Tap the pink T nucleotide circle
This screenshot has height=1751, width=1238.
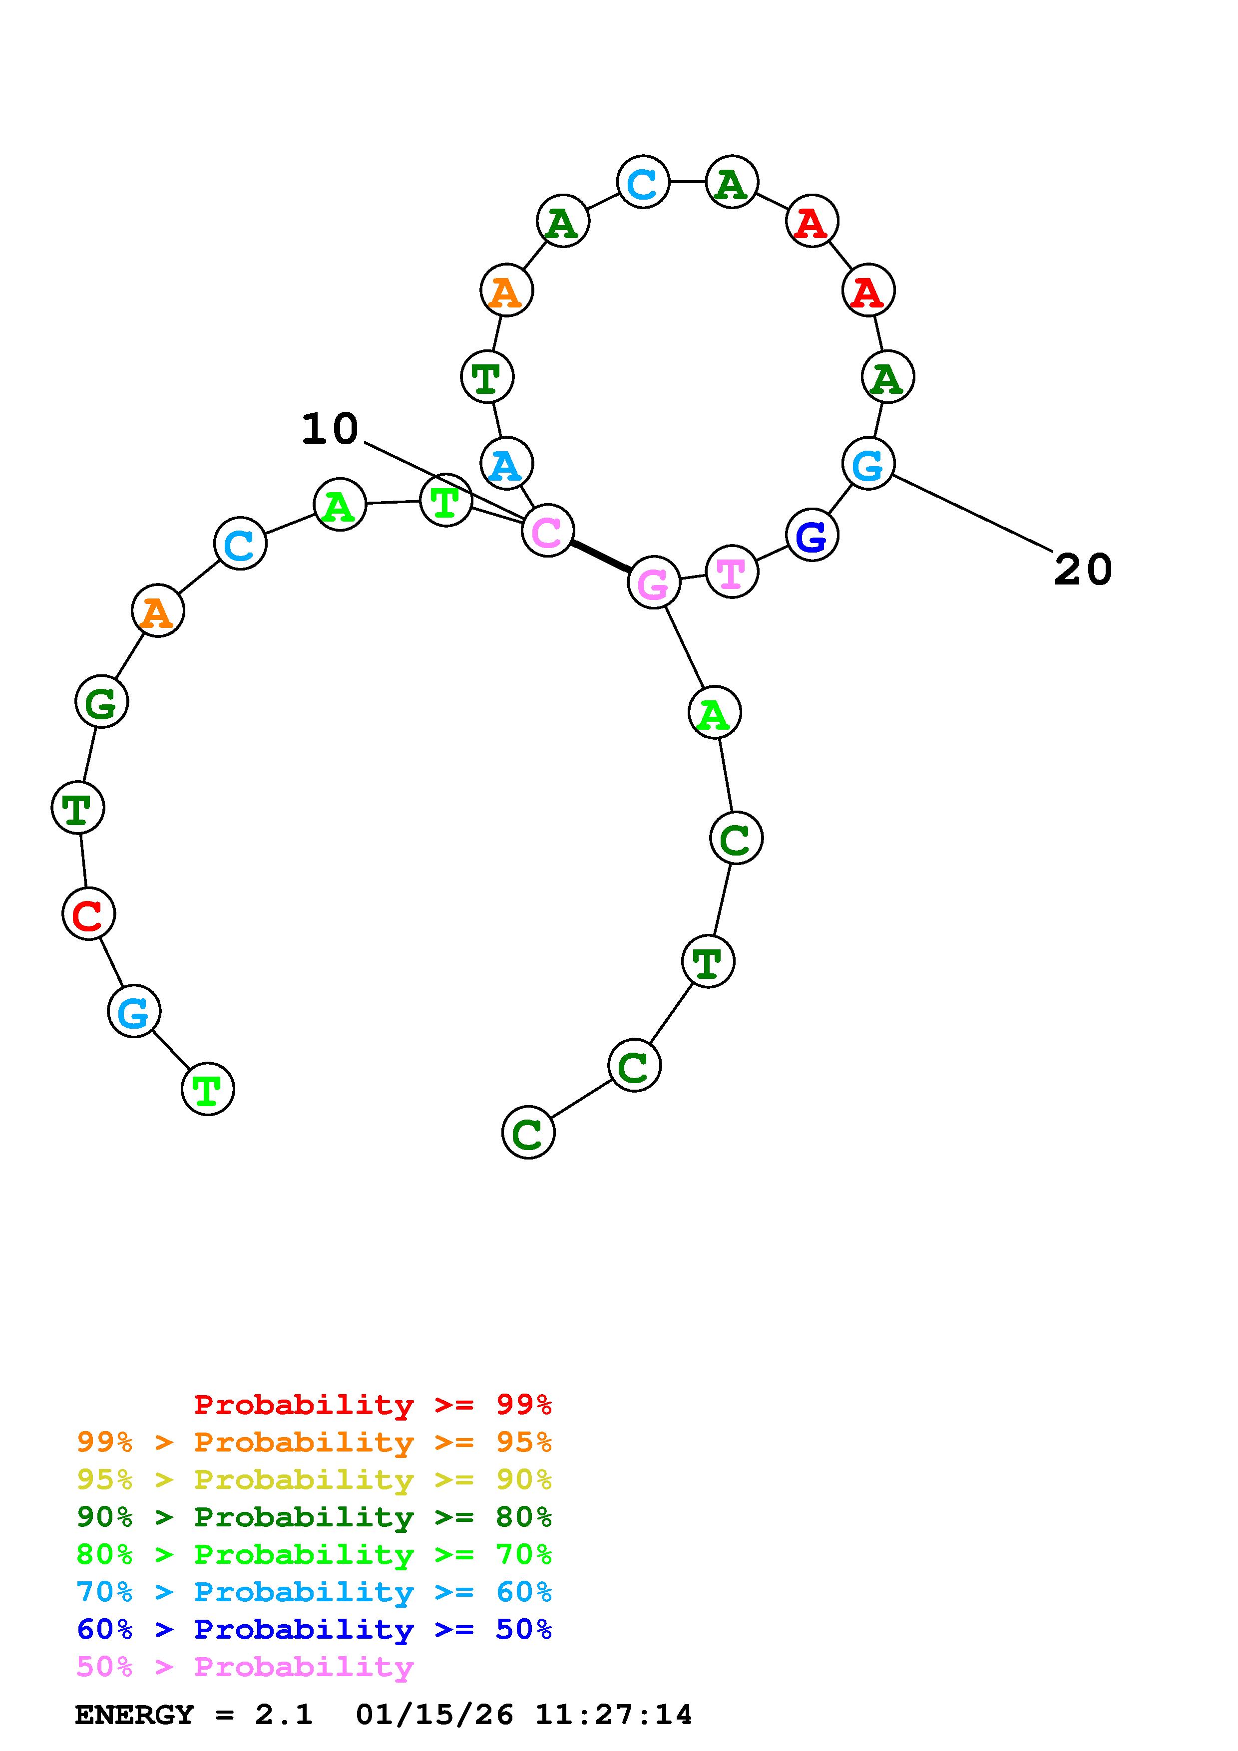click(732, 572)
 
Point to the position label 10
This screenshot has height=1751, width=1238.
click(330, 429)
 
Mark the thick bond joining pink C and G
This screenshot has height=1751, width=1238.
click(600, 557)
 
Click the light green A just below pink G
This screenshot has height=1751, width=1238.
click(714, 713)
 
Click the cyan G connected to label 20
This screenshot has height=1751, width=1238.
click(868, 464)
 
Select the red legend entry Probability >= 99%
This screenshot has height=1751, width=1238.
click(372, 1404)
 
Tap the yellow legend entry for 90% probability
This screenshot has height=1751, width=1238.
click(314, 1479)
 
